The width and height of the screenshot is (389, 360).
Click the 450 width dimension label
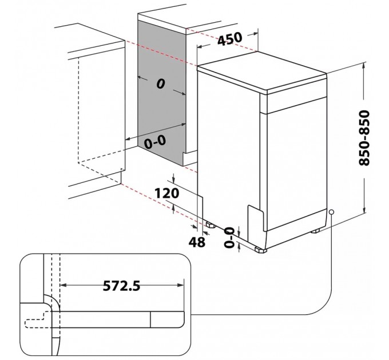[229, 39]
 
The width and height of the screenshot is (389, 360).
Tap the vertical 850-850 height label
[364, 138]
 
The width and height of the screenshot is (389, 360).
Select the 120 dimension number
[166, 193]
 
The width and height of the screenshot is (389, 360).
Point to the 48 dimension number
[197, 242]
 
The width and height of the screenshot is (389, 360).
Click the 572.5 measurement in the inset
[121, 286]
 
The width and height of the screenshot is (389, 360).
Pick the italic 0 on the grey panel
[161, 84]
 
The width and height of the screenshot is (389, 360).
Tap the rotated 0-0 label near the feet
[229, 238]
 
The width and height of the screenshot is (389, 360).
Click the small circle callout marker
[331, 212]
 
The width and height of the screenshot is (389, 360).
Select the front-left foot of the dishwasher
[261, 249]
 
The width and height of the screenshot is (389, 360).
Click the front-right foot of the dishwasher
[315, 231]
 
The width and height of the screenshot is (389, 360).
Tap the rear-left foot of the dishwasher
[210, 224]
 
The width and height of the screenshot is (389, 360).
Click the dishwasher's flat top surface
[261, 70]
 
